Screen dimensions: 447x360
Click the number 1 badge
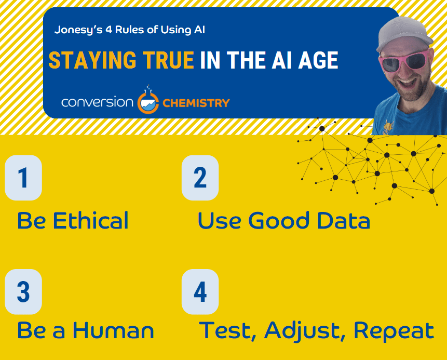23,178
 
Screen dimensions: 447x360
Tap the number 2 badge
200,178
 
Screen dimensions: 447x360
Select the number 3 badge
23,292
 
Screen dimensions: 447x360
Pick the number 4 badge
200,292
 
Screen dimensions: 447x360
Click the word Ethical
91,220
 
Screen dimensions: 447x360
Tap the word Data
344,220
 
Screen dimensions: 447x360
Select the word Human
114,330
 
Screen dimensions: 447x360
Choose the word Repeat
394,331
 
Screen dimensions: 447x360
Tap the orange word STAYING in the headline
92,60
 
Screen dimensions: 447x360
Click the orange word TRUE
169,60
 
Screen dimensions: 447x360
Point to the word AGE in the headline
318,60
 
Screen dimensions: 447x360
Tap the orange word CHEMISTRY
196,103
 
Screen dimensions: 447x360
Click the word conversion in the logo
97,102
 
